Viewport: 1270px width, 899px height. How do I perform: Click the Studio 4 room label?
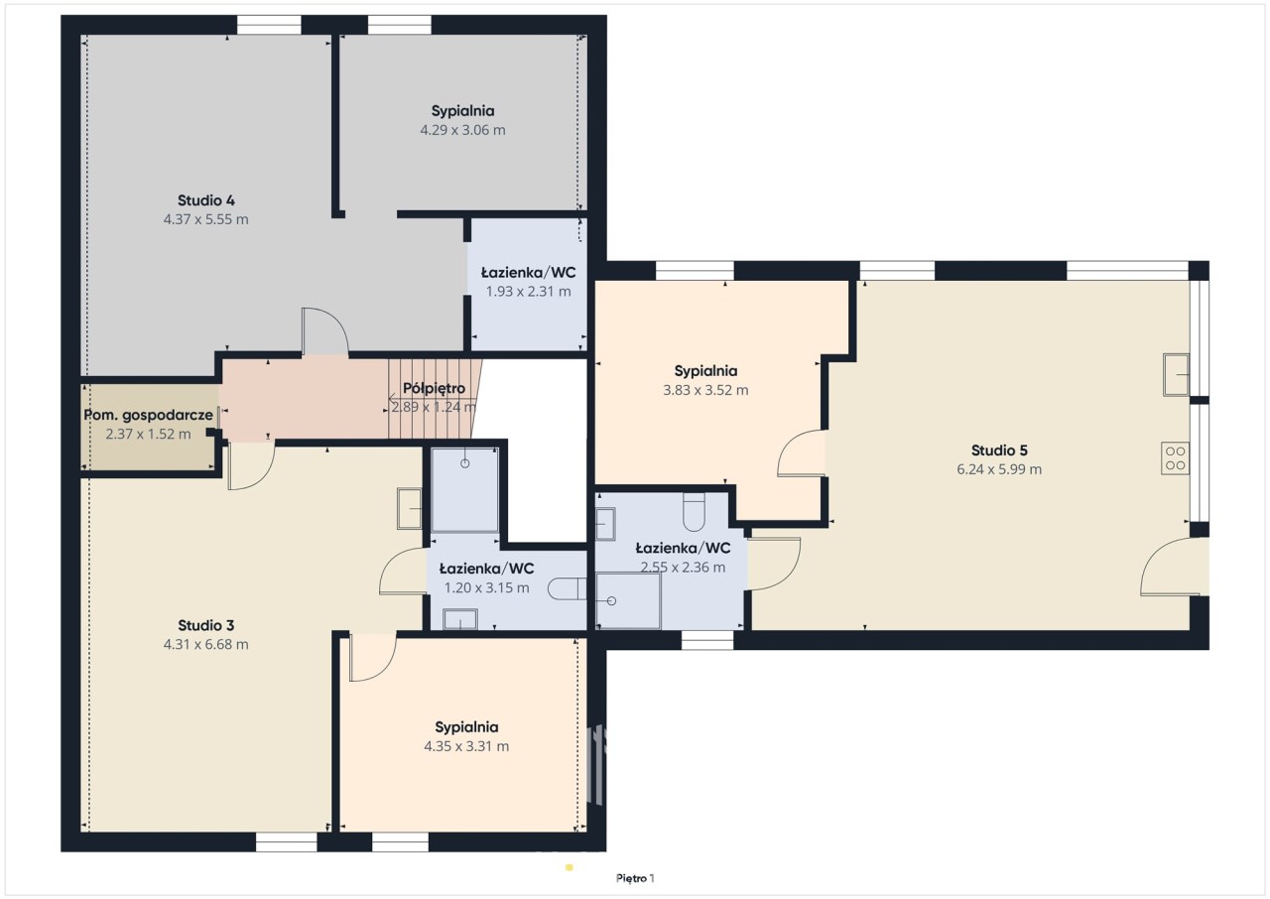205,200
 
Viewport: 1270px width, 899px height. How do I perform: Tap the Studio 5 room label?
999,450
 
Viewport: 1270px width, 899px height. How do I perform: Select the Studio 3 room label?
205,625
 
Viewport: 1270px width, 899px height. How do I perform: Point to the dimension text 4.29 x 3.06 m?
462,130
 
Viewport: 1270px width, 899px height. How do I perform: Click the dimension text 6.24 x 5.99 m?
999,469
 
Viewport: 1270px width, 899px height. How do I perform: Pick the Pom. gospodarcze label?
149,415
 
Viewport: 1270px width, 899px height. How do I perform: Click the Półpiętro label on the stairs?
434,388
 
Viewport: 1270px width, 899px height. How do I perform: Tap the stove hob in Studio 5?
1176,458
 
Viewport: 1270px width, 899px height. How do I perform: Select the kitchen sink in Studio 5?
1177,375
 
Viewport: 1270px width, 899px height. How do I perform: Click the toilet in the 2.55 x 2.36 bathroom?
694,511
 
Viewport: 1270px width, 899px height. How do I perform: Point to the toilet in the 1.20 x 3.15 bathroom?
567,589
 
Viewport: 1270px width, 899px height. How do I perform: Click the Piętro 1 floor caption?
635,878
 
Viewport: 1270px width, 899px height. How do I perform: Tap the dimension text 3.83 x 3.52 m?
705,390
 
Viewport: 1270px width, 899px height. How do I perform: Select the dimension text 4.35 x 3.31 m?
466,746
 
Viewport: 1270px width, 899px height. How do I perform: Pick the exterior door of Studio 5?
1169,567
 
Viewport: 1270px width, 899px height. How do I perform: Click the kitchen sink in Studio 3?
410,508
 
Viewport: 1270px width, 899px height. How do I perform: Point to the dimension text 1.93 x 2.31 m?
529,292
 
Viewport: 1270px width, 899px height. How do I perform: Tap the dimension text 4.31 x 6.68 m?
205,645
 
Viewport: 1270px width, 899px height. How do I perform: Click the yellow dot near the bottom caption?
570,867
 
